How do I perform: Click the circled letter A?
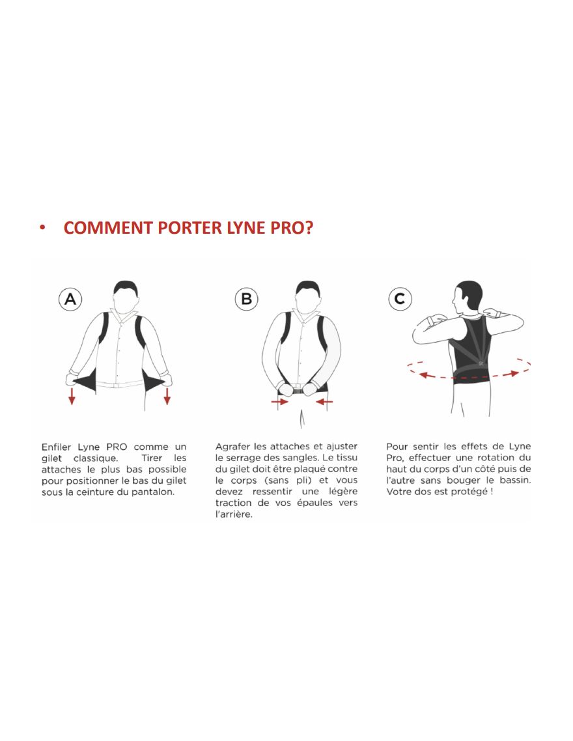(x=70, y=299)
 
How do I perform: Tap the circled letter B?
(x=246, y=299)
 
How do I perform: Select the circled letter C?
(x=400, y=299)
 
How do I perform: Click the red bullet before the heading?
(x=42, y=228)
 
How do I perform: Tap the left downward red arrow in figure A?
(x=72, y=396)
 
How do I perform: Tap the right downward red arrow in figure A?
(x=167, y=396)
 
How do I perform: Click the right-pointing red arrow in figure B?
(x=279, y=402)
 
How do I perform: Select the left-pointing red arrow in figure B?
(x=324, y=402)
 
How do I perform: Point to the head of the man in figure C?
(x=466, y=298)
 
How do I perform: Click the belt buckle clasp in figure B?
(x=298, y=391)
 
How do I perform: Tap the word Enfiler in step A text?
(x=56, y=447)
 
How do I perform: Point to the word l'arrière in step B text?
(x=233, y=514)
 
